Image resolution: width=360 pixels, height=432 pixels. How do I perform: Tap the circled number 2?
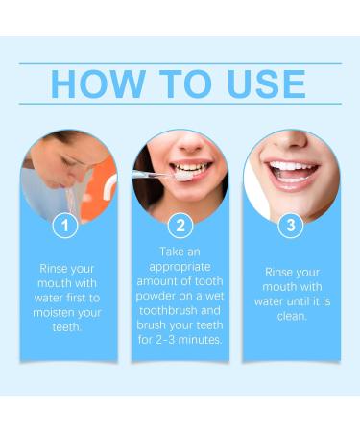pos(180,227)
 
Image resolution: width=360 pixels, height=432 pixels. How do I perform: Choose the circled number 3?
pos(291,227)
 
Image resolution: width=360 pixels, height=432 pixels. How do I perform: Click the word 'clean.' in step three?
pos(291,315)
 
